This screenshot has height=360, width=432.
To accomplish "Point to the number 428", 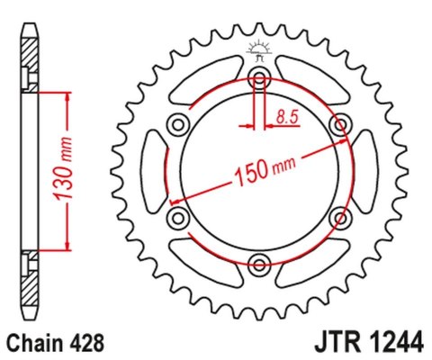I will click(x=88, y=343).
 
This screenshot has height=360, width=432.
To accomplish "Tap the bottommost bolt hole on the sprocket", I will click(x=259, y=263).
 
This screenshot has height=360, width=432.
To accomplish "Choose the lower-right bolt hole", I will click(x=341, y=216).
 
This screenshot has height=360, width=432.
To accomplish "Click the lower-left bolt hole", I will click(x=177, y=216).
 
